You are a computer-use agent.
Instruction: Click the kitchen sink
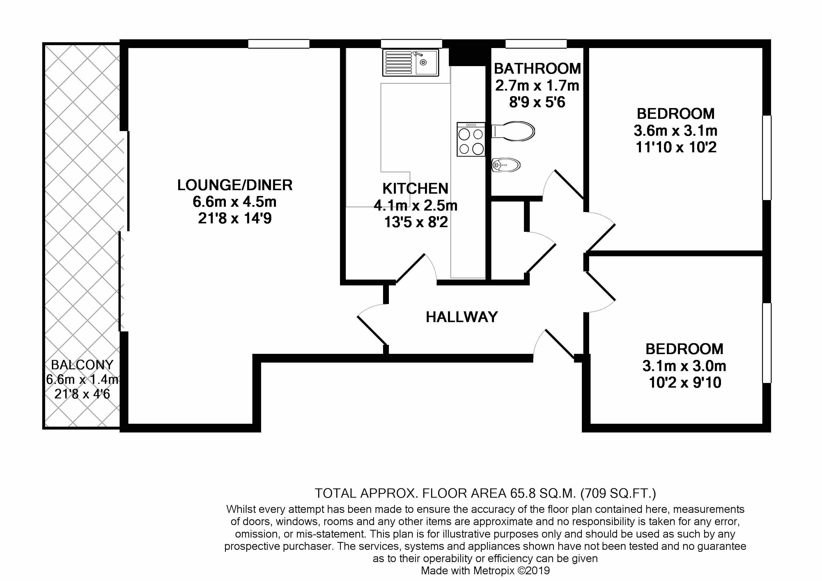click(411, 63)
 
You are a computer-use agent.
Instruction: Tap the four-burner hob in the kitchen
click(471, 139)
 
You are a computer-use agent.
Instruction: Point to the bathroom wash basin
click(506, 165)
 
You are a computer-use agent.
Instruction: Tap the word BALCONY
click(82, 365)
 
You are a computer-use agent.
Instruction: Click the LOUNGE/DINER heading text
click(235, 185)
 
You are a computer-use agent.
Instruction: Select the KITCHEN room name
click(415, 188)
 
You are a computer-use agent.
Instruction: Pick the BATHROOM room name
click(537, 68)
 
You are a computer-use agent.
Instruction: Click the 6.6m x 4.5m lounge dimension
click(235, 202)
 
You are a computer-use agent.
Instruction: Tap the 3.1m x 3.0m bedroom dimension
click(684, 366)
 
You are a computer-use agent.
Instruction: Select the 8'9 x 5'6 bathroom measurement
click(537, 102)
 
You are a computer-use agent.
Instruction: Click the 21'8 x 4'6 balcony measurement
click(82, 394)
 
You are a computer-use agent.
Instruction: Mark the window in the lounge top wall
click(279, 44)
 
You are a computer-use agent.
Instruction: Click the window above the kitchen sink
click(411, 44)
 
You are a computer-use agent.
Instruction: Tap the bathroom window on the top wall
click(536, 44)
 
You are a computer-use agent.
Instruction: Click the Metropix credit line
click(485, 571)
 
